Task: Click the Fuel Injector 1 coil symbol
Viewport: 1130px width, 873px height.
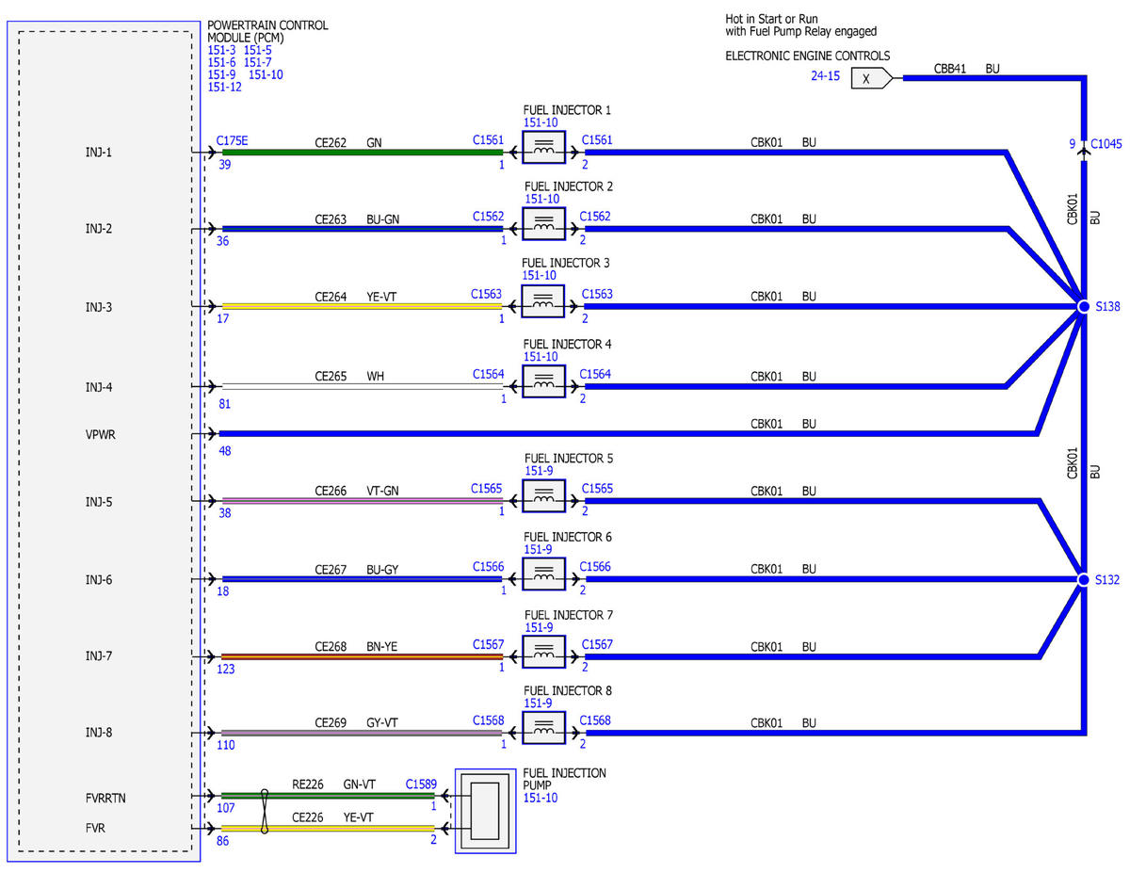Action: [x=543, y=148]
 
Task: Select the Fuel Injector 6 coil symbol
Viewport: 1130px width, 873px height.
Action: [x=543, y=574]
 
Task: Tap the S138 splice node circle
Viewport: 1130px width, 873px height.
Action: [x=1084, y=307]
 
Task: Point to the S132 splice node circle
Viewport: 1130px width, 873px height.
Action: [x=1083, y=580]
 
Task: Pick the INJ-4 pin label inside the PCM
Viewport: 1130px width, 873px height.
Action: [x=99, y=387]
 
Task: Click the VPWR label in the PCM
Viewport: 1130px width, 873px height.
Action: [x=101, y=435]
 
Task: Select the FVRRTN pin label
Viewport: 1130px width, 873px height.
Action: [x=105, y=798]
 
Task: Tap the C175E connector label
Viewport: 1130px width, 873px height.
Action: [x=232, y=141]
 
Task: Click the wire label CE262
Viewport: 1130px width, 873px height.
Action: [x=331, y=143]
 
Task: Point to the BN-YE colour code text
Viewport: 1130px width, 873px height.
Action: [x=381, y=647]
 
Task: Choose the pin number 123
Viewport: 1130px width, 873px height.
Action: [x=226, y=670]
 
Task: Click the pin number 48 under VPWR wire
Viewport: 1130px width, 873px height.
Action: [x=225, y=451]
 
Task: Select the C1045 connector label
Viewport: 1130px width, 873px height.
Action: [x=1106, y=144]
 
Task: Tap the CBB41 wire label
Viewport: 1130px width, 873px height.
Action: [x=949, y=69]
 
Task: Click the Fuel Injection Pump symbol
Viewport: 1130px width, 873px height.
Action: [x=485, y=811]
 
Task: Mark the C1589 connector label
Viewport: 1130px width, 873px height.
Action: [x=421, y=784]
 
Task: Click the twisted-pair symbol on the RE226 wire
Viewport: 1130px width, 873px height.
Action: [x=265, y=811]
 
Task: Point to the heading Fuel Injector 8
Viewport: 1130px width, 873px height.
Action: [x=568, y=691]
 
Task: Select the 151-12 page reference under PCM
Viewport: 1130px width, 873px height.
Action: [x=225, y=88]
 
